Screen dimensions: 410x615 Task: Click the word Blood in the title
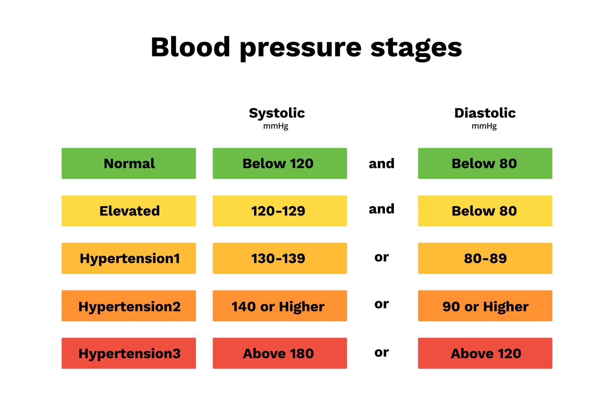[190, 47]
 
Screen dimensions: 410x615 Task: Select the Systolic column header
[277, 113]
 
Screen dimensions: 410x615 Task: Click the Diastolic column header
[485, 113]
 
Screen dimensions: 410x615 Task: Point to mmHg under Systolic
[275, 126]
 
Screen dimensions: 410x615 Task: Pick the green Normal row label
[129, 163]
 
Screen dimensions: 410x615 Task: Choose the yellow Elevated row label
[129, 211]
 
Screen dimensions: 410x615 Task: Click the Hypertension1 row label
[129, 258]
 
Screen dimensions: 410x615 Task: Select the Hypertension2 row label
[129, 306]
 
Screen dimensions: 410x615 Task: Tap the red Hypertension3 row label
[129, 353]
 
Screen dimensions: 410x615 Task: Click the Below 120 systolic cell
[280, 163]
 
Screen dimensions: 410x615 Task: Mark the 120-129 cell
[280, 211]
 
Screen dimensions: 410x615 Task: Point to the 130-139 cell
[280, 258]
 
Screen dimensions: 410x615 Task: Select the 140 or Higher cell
[280, 306]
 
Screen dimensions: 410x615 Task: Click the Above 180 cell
[280, 353]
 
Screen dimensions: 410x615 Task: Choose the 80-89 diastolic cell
[485, 258]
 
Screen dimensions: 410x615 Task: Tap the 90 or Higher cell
[485, 306]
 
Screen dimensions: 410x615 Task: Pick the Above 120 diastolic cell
[485, 353]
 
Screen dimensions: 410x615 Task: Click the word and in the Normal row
[381, 163]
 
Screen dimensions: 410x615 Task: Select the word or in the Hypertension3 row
[381, 352]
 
